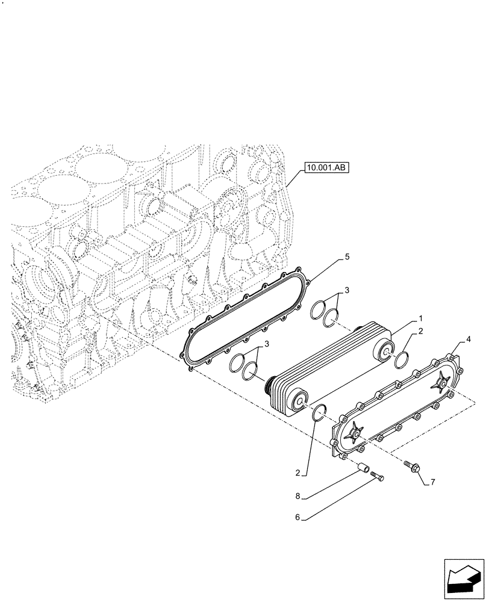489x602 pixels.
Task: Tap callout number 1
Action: coord(420,317)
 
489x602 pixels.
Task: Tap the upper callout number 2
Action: coord(420,331)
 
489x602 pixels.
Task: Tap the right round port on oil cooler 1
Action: coord(384,350)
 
